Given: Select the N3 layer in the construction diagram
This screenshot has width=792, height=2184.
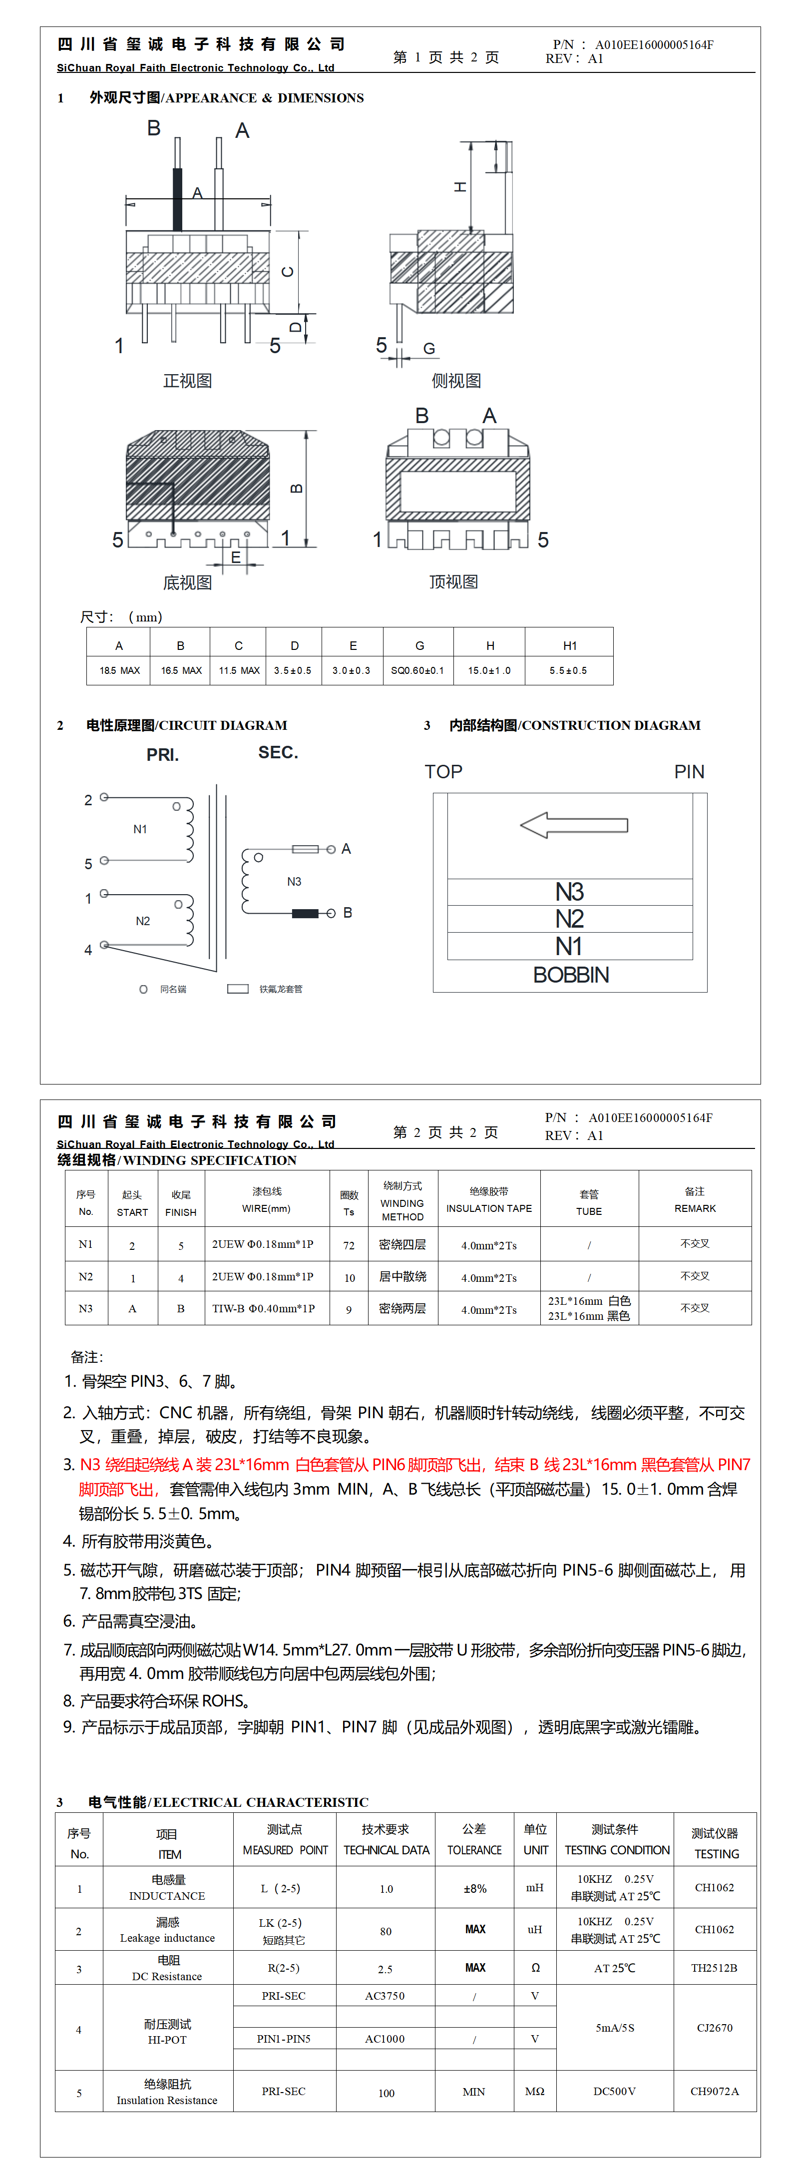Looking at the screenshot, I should (x=570, y=892).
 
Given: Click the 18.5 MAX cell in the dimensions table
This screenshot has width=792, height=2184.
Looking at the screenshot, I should (x=119, y=670).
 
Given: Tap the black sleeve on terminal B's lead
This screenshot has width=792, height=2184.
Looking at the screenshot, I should (x=305, y=913).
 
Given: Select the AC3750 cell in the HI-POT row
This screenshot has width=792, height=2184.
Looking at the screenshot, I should (x=385, y=1996).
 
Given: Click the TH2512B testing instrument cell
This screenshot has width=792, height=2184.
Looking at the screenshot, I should (x=714, y=1968).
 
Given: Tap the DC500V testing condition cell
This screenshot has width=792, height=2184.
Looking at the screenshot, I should (x=615, y=2092).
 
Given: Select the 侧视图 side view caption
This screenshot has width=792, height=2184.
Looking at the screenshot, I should (x=456, y=381).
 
